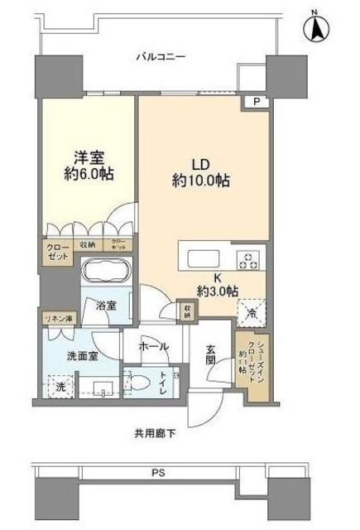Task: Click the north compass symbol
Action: [x=316, y=26]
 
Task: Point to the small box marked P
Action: [x=257, y=103]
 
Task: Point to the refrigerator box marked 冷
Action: [x=251, y=312]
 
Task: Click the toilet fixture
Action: [x=141, y=383]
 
